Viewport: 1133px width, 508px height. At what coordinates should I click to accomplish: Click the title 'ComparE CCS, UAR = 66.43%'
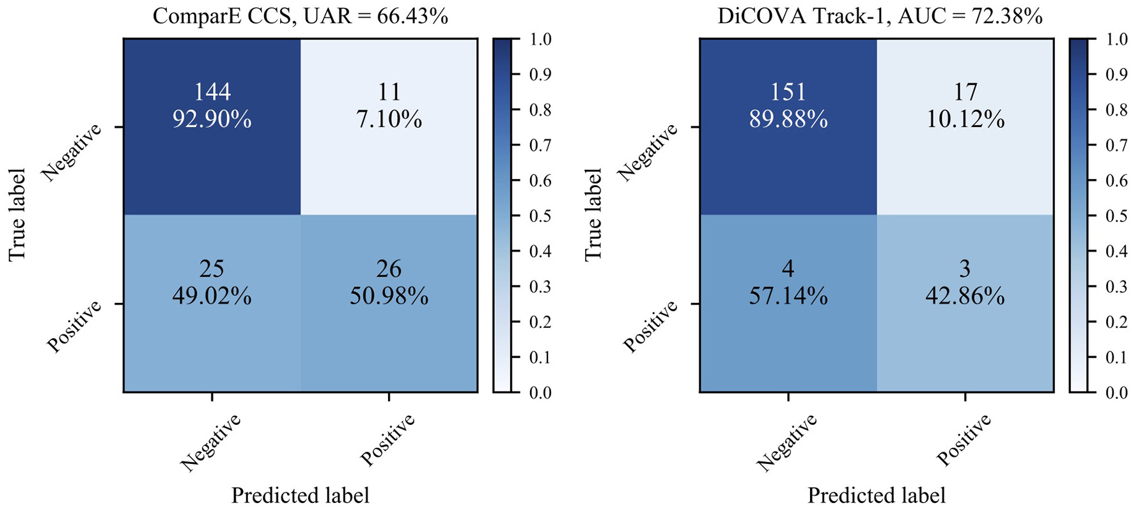300,15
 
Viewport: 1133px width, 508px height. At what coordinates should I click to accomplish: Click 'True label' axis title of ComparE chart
17,215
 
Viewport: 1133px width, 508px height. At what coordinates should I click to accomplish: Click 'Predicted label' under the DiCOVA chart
876,495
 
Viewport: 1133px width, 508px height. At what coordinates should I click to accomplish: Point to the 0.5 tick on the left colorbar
540,215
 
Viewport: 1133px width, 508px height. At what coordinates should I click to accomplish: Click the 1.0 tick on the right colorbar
1116,39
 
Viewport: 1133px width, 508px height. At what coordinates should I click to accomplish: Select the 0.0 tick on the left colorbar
540,392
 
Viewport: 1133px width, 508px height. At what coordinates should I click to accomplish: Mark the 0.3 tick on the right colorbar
1116,286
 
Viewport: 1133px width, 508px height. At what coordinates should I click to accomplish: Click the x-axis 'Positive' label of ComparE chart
387,440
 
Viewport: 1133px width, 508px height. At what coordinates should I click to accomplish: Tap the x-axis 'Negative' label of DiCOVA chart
786,442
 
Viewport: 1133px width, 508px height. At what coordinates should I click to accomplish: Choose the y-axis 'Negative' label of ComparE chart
72,152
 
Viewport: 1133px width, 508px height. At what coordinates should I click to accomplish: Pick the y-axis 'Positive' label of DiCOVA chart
650,326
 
